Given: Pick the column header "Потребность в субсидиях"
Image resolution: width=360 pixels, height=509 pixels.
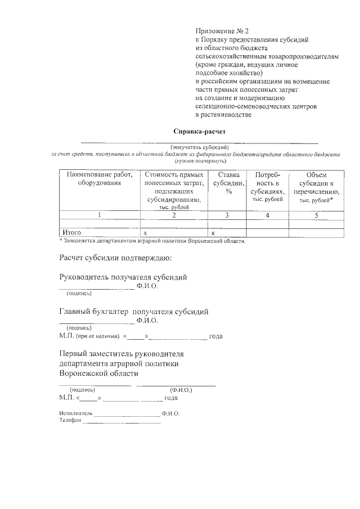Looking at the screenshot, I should pos(267,187).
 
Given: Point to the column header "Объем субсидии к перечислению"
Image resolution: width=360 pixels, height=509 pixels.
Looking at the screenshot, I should pos(316,187).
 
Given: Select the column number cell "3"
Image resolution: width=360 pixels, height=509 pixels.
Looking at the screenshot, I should pos(227,215).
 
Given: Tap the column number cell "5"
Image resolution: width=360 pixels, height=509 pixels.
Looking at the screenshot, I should pos(316,215).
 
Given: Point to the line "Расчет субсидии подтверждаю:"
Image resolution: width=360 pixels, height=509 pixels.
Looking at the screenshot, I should pos(115,258).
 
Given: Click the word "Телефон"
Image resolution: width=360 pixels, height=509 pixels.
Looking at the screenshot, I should pos(70,421).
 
